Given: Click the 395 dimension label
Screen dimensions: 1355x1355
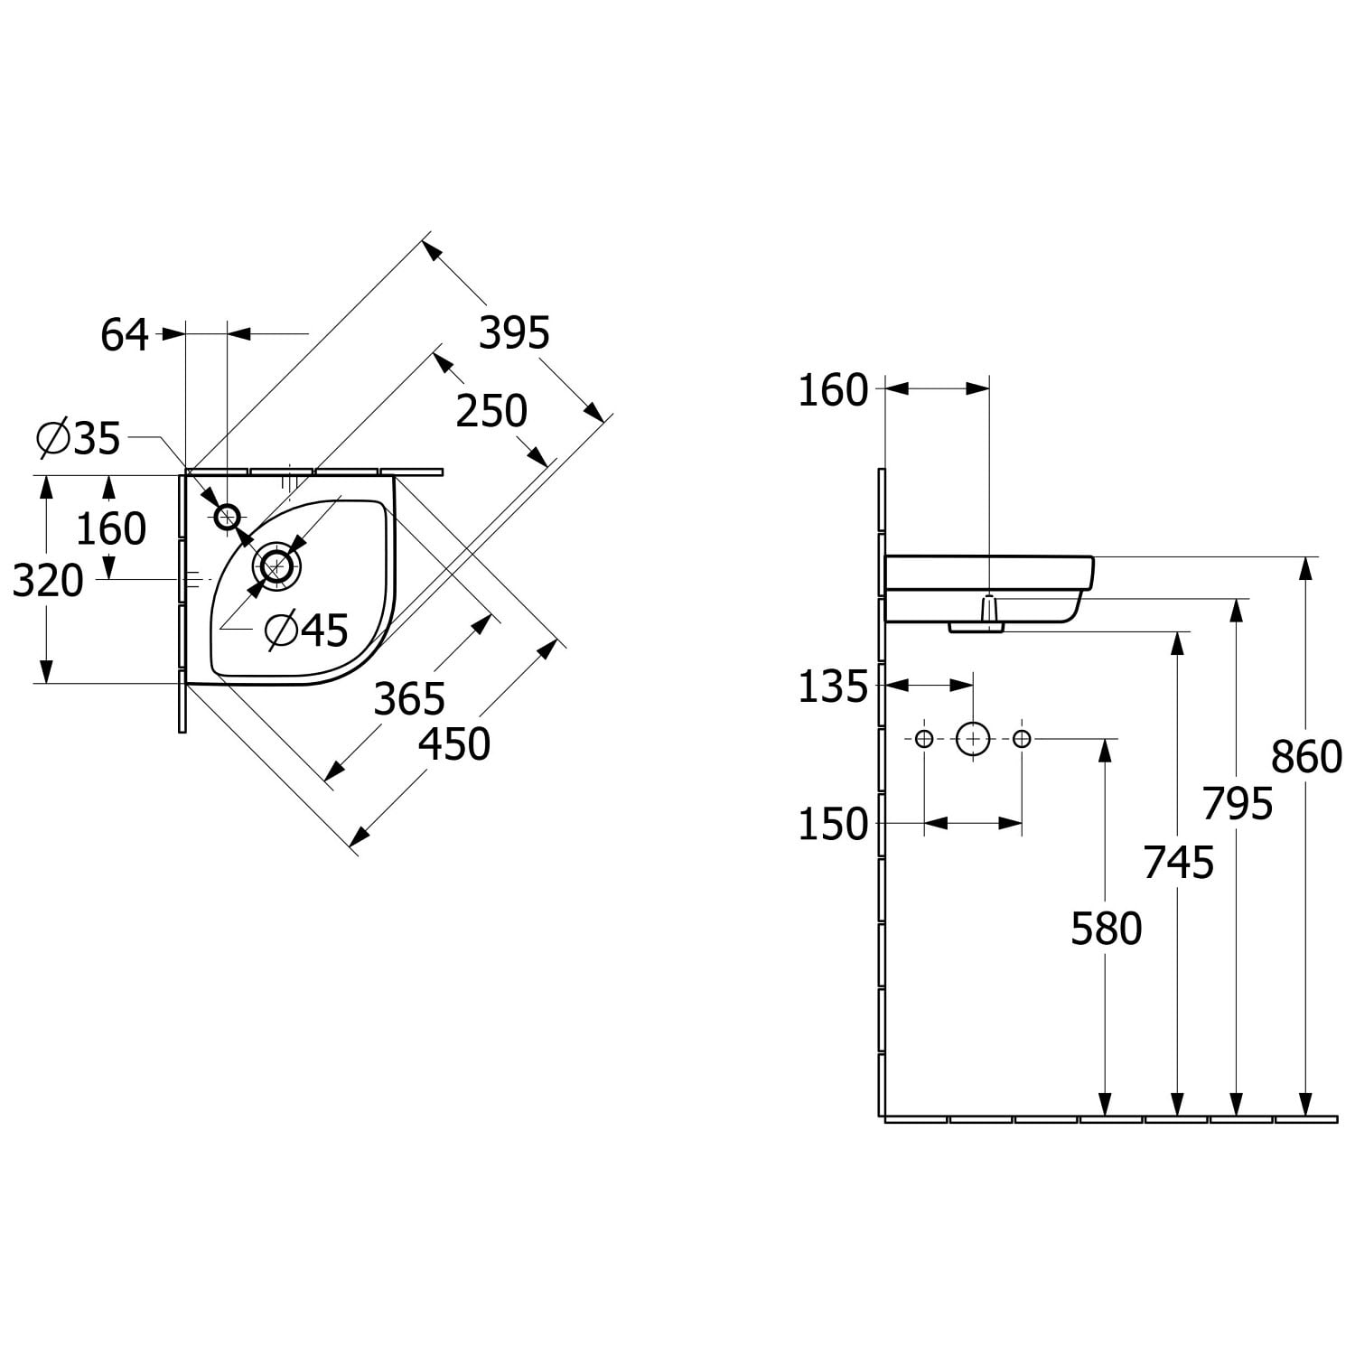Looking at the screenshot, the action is click(514, 333).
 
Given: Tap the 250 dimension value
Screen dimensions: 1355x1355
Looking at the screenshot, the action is click(491, 411).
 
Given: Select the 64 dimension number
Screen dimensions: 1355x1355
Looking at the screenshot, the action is click(125, 335).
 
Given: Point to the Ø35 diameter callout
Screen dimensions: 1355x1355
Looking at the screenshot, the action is click(79, 439).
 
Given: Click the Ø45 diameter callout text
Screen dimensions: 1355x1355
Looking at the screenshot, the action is click(307, 631).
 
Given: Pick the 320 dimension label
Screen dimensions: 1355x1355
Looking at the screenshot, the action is click(48, 581).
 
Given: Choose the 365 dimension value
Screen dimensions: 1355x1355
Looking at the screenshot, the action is click(410, 699).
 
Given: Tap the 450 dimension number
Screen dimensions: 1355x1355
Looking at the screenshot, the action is click(455, 744).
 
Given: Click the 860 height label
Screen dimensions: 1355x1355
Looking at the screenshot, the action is click(1306, 757).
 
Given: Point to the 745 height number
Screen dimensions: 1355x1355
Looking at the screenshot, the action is click(1179, 863).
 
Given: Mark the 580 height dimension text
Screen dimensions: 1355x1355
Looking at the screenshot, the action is click(1107, 929).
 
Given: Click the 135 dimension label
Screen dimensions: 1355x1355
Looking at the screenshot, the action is click(833, 687).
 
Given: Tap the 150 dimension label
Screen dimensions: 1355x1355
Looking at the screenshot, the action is click(833, 825).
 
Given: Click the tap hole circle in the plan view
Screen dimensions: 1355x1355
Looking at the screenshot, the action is click(227, 517).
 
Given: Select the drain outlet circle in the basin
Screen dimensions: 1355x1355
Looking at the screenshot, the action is click(277, 566).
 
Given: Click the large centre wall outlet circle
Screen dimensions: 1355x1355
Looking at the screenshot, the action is click(973, 739).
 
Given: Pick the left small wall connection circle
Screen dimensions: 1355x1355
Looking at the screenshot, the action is click(924, 739).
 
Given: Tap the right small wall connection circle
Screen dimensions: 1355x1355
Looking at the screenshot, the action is click(1022, 739).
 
